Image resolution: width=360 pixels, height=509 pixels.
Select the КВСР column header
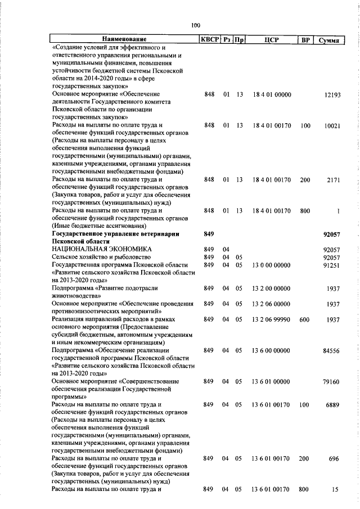[210, 39]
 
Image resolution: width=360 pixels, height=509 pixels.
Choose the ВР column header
[305, 39]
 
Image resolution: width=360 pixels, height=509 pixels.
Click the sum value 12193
[332, 95]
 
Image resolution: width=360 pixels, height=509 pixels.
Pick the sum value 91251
[332, 265]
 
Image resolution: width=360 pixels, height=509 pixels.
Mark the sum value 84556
[332, 350]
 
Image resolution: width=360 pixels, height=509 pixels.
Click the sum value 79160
[332, 381]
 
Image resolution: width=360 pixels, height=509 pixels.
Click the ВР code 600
[305, 319]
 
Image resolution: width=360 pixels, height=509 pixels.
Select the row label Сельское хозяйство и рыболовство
[98, 257]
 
